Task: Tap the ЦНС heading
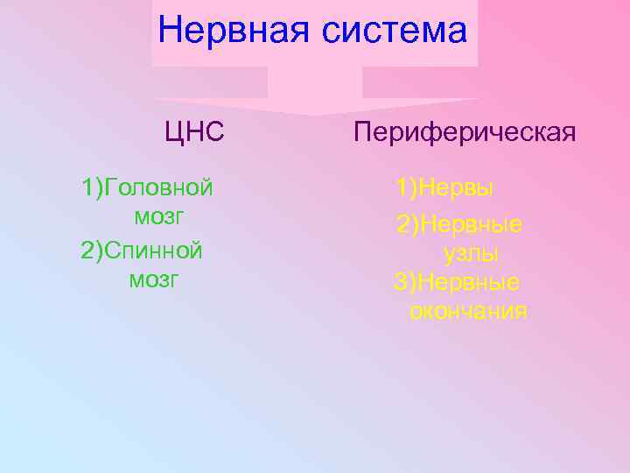pos(195,132)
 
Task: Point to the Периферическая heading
pos(465,132)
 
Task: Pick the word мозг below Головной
pos(159,215)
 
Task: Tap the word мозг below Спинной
pos(154,279)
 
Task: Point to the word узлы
pos(472,254)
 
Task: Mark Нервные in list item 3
pos(470,282)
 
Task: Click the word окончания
pos(468,311)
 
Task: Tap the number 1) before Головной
pos(92,187)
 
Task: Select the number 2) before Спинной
pos(92,251)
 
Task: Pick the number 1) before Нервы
pos(405,187)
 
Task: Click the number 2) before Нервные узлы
pos(409,225)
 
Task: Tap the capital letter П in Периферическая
pos(362,132)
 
